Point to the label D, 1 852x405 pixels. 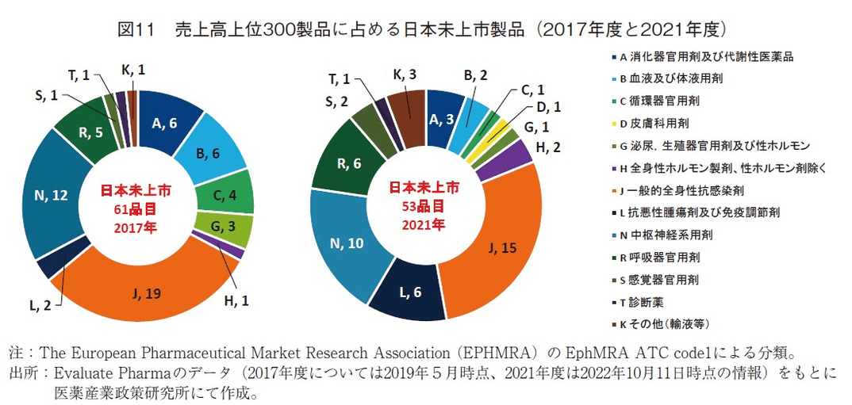(549, 107)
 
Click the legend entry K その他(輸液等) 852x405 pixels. (663, 323)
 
